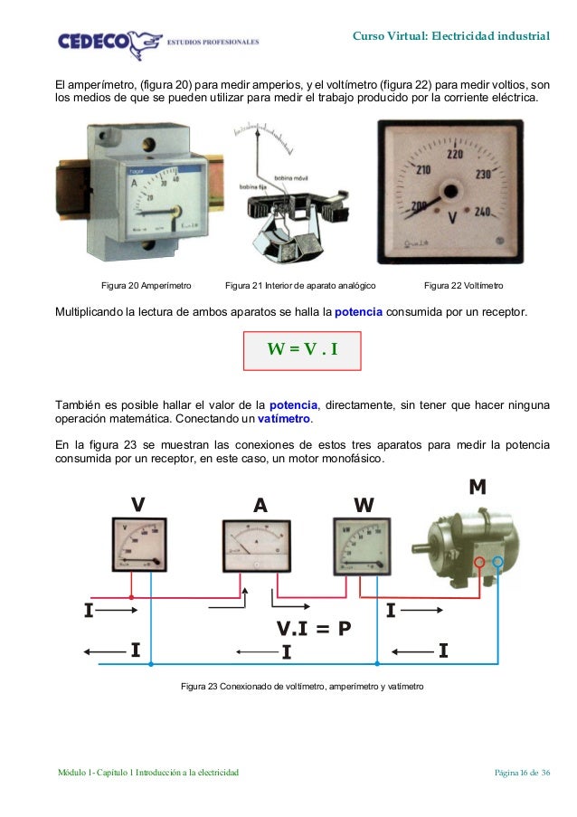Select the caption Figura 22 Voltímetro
click(464, 286)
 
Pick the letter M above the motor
click(477, 488)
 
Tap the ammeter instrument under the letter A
click(257, 546)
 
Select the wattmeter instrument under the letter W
click(361, 546)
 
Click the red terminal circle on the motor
click(480, 562)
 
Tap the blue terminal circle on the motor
click(497, 562)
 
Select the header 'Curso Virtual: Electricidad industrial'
click(450, 37)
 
